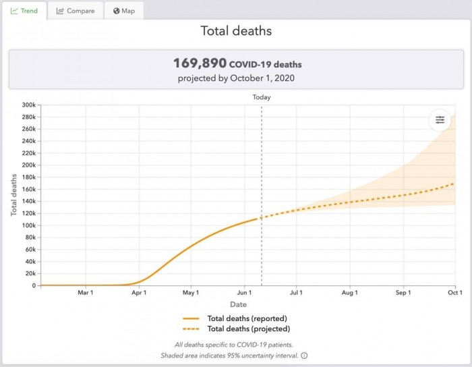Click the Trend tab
(x=24, y=11)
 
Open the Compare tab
(x=76, y=11)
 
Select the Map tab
(x=124, y=11)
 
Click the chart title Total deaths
(x=235, y=31)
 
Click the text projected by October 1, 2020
(x=235, y=78)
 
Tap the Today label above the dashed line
(x=262, y=97)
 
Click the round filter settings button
(x=440, y=120)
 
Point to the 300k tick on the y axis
(x=28, y=105)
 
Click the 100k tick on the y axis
(x=28, y=225)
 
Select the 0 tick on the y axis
(x=32, y=285)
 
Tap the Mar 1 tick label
(x=85, y=293)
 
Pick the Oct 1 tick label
(x=454, y=293)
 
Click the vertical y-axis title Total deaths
(x=13, y=195)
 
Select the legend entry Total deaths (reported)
(x=247, y=318)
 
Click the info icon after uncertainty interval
(x=304, y=356)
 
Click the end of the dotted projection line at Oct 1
(x=454, y=183)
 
